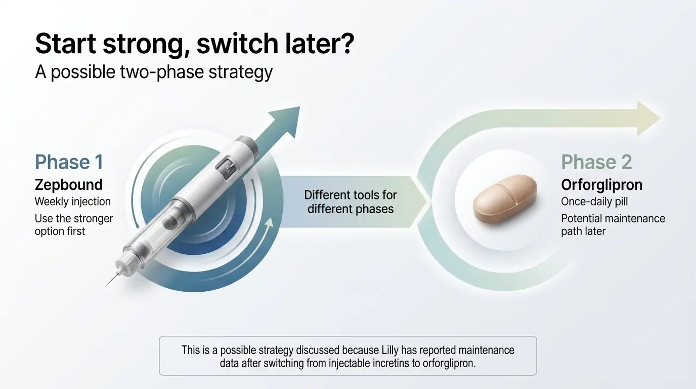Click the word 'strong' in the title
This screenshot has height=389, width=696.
point(141,45)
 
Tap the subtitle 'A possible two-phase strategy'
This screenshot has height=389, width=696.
point(154,71)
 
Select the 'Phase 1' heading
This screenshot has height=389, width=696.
point(69,162)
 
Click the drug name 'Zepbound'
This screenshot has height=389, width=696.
point(69,184)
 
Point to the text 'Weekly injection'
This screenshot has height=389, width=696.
point(72,202)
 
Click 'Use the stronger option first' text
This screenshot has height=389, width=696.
point(74,225)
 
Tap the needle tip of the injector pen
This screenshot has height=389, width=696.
point(108,283)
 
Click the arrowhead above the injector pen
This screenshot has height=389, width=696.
point(286,122)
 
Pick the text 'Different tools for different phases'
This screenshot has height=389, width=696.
point(350,202)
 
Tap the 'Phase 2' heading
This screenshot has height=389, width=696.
point(596,162)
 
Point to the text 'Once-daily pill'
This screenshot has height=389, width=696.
point(594,202)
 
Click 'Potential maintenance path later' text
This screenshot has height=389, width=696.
point(613,225)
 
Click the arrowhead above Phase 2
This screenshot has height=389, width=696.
point(647,118)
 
